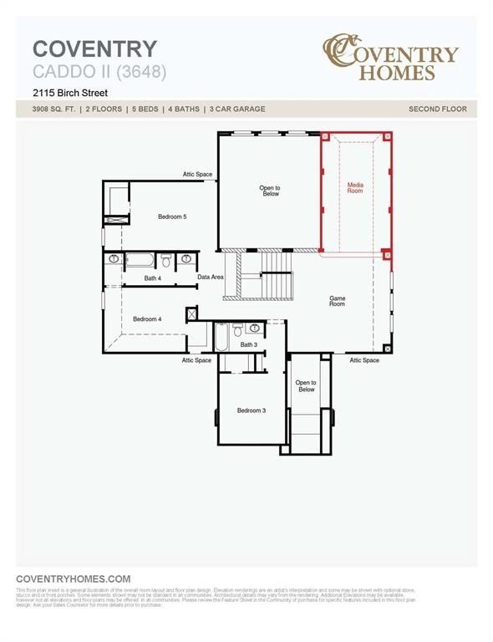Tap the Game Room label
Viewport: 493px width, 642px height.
point(337,301)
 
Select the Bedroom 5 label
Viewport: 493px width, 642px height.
point(172,217)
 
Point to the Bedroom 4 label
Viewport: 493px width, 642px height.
point(147,318)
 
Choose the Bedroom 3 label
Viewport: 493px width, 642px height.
point(251,410)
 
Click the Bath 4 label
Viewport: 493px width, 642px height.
point(152,278)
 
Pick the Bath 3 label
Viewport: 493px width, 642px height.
point(248,344)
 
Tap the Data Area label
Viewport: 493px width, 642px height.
point(211,277)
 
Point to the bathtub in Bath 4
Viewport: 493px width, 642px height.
point(139,260)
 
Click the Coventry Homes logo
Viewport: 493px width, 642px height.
point(390,56)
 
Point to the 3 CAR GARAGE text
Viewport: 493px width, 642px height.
point(238,110)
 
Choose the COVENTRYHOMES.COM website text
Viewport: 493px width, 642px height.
point(74,578)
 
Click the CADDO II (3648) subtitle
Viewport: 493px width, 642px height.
point(99,72)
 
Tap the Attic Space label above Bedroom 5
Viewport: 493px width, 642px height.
point(198,174)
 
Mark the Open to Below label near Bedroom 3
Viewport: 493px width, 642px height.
point(306,386)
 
